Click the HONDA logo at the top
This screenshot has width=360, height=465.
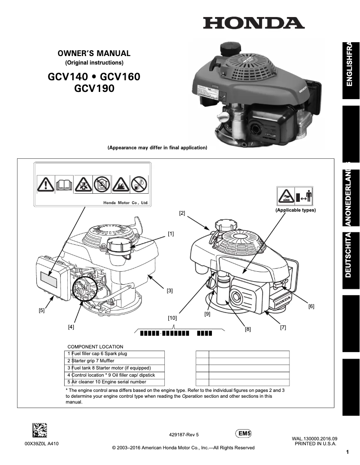coord(254,23)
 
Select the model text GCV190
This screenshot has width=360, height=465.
coord(94,89)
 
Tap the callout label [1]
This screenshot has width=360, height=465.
coord(171,234)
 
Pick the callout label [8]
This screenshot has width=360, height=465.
coord(247,329)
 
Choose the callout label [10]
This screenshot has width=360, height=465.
coord(172,318)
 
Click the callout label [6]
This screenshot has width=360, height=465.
coord(311,307)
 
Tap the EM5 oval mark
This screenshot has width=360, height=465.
coord(243,434)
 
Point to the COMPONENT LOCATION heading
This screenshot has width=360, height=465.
coord(95,347)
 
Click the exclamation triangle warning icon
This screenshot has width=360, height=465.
coord(45,184)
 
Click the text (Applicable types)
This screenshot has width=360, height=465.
coord(295,210)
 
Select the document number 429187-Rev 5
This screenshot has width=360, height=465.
coord(184,435)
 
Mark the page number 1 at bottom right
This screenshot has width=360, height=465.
coord(347,452)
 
